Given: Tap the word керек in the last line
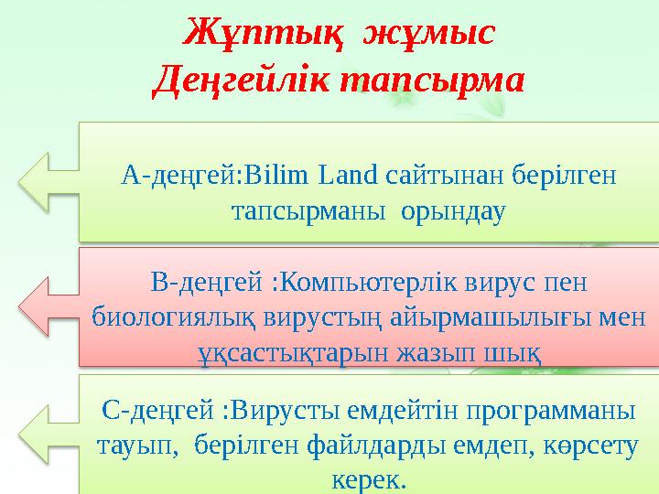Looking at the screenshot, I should tap(370, 478).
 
